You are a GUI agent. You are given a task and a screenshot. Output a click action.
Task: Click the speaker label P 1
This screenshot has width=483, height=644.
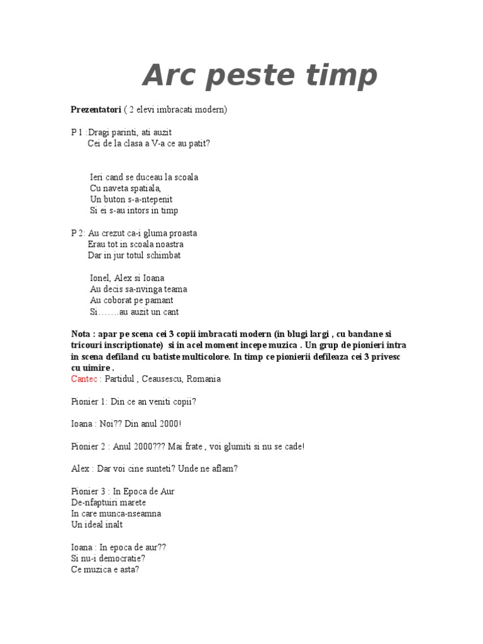click(77, 132)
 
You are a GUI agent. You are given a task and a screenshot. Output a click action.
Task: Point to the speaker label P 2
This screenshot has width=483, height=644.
click(77, 233)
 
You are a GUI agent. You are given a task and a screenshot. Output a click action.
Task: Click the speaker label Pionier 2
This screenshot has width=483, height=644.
click(89, 447)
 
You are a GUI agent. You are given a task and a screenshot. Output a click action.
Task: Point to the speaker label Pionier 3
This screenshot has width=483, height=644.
click(89, 491)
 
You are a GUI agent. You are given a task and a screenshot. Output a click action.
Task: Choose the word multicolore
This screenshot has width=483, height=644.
click(204, 357)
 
